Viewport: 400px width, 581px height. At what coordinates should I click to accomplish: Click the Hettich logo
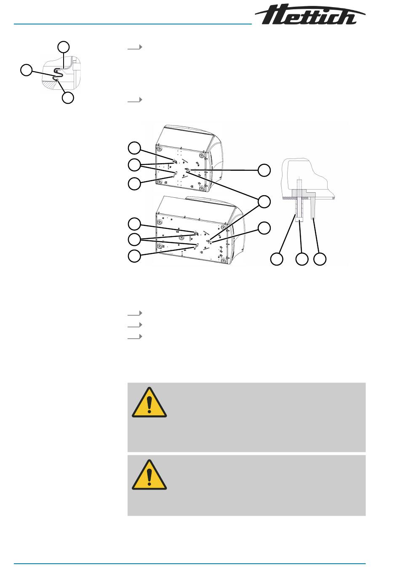click(x=309, y=14)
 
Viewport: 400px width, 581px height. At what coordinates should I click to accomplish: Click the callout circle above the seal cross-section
click(x=64, y=47)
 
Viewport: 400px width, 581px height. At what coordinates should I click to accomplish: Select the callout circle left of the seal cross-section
click(x=27, y=70)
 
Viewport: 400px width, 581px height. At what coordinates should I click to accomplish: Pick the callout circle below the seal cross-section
click(x=68, y=98)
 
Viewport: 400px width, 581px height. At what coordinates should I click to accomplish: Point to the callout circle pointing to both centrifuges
click(x=264, y=202)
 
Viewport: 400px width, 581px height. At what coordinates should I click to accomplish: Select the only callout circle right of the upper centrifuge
click(x=264, y=170)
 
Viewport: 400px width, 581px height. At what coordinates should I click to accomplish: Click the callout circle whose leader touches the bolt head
click(x=302, y=259)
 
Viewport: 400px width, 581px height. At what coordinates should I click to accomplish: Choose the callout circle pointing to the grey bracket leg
click(x=320, y=259)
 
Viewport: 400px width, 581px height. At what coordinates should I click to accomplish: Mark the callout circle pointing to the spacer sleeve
click(x=277, y=259)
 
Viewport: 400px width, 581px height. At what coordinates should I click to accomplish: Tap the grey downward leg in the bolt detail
click(x=313, y=208)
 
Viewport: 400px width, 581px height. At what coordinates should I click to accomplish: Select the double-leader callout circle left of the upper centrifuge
click(x=134, y=165)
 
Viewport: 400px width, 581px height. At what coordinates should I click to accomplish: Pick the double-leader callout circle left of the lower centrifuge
click(x=134, y=239)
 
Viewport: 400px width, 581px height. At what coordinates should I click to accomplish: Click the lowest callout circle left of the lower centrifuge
click(x=134, y=256)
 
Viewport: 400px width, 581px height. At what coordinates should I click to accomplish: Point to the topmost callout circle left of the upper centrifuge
click(x=134, y=148)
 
